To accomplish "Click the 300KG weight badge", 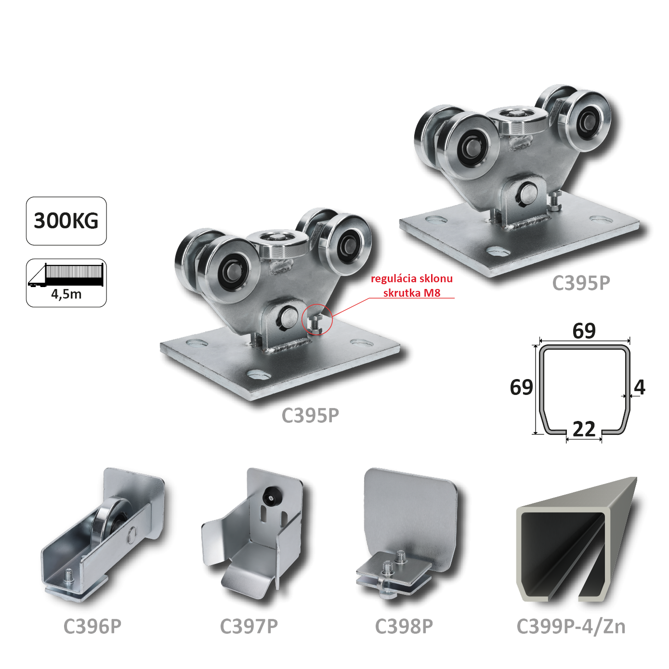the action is click(x=66, y=221).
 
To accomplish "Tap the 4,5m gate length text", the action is click(x=66, y=294).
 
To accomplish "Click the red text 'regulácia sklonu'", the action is click(x=412, y=278).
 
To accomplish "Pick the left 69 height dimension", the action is click(x=522, y=387).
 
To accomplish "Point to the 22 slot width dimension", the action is click(x=584, y=429).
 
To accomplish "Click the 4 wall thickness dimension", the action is click(x=640, y=387).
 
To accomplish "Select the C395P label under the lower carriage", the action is click(x=310, y=415).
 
